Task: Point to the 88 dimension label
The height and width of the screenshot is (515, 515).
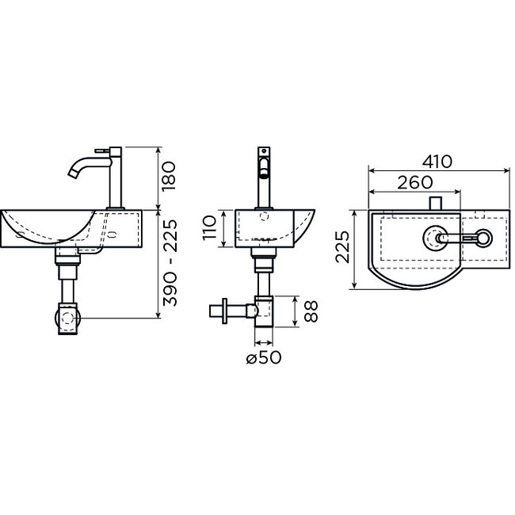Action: coord(311,311)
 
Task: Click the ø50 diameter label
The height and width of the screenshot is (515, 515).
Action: coord(264,357)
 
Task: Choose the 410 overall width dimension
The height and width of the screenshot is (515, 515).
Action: coord(437,162)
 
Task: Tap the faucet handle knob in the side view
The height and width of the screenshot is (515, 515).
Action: coord(263,167)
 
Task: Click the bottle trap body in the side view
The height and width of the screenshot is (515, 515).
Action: coord(263,311)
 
